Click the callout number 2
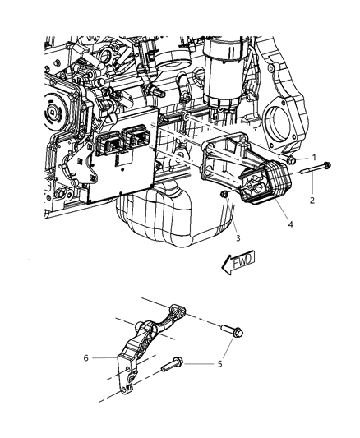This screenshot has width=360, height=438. (312, 199)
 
